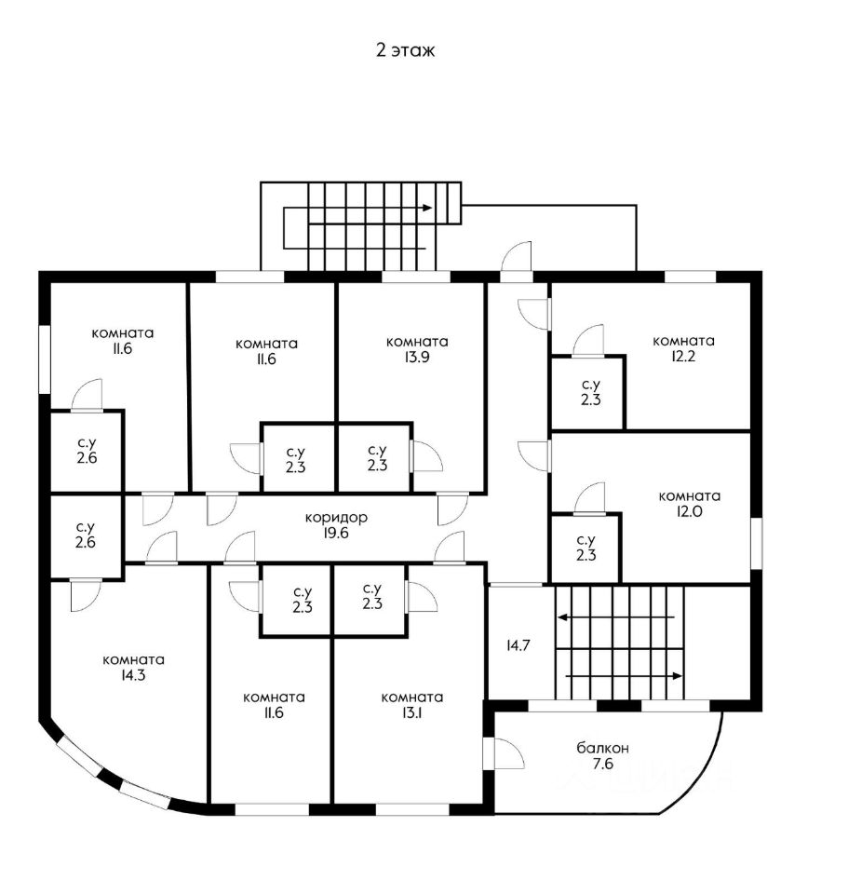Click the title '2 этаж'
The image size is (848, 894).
point(405,51)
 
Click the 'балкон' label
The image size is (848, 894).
point(602,747)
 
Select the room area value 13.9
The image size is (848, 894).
point(417,359)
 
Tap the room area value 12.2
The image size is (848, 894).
point(683,358)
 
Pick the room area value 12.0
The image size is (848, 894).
point(689,513)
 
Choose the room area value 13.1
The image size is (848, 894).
point(411,714)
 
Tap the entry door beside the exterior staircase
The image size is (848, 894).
point(517,259)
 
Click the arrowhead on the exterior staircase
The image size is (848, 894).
point(427,207)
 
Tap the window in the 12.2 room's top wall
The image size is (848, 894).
point(690,277)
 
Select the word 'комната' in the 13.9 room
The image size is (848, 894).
point(417,342)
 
